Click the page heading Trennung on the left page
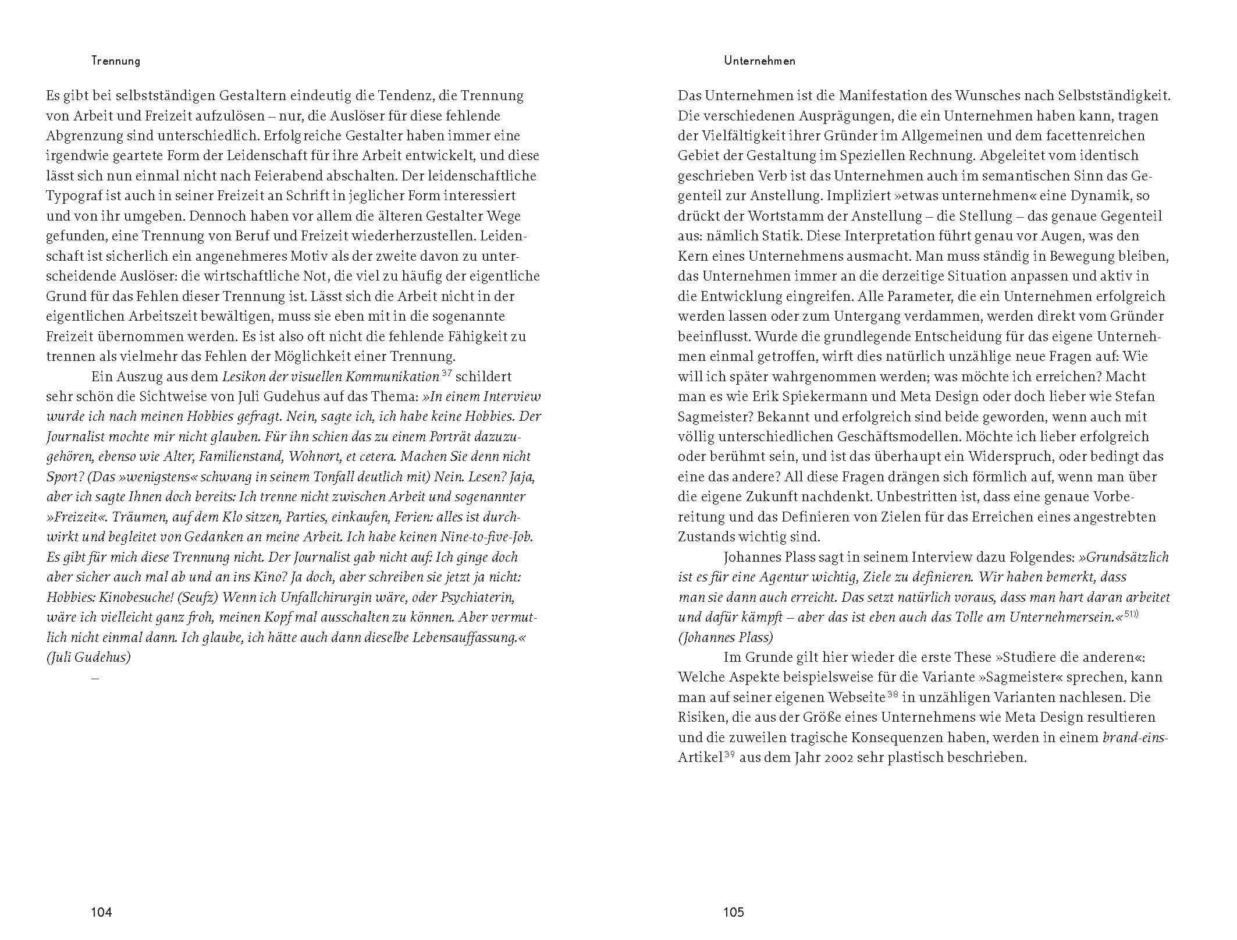coord(116,61)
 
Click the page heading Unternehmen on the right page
coord(759,61)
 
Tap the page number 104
coord(101,913)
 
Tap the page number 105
coord(733,913)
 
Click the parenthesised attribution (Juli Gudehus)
coord(88,658)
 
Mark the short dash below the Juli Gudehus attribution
coord(95,678)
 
